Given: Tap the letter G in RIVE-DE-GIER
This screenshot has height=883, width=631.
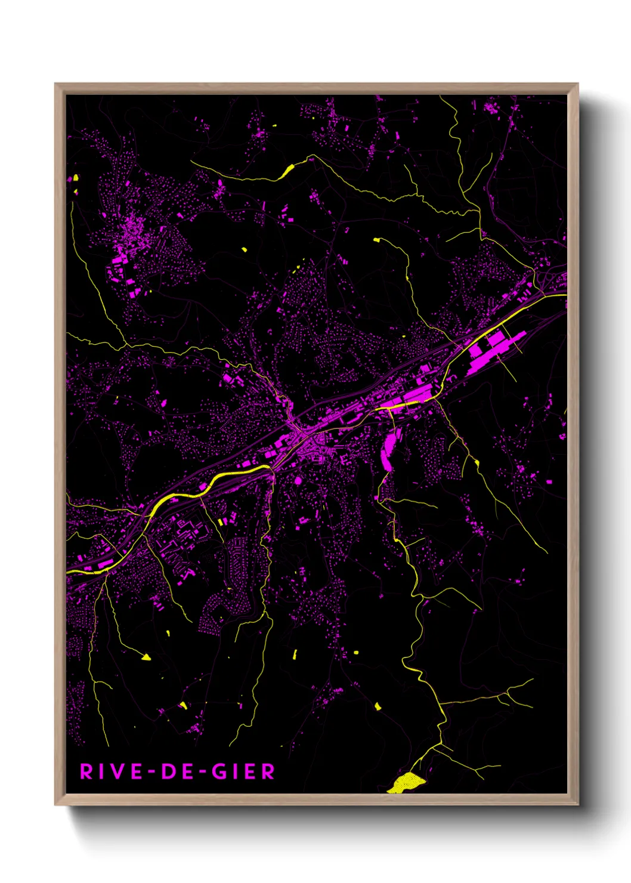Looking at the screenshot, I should pyautogui.click(x=219, y=771).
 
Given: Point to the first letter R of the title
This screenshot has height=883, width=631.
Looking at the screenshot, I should pyautogui.click(x=86, y=771).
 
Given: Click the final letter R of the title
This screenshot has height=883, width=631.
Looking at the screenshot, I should pyautogui.click(x=268, y=771).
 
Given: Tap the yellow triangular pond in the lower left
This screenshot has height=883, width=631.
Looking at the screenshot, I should pyautogui.click(x=146, y=657).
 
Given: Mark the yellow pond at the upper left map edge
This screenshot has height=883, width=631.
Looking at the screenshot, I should pyautogui.click(x=76, y=177).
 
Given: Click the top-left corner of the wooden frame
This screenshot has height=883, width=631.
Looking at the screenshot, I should pyautogui.click(x=56, y=85).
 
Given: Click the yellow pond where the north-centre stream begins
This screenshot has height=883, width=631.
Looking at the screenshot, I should pyautogui.click(x=376, y=240).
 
